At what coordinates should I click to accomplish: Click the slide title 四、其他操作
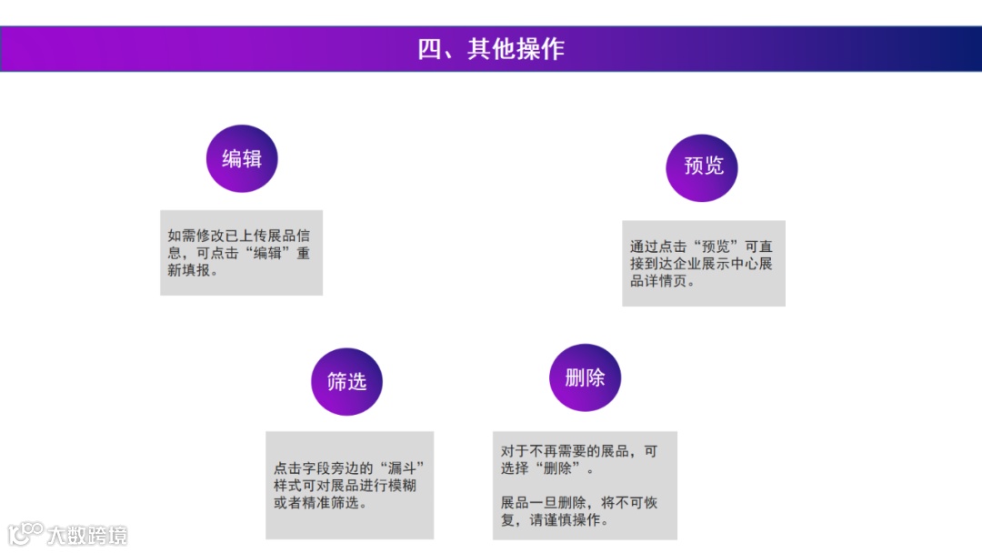491,49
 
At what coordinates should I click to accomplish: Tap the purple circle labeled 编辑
242,158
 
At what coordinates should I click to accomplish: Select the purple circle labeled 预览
702,166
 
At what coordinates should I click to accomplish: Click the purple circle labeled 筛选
346,381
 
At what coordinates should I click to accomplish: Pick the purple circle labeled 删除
585,377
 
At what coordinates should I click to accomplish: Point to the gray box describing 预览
703,263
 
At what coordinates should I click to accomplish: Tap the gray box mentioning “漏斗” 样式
349,485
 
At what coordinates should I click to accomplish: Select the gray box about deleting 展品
585,485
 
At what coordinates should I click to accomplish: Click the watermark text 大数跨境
87,535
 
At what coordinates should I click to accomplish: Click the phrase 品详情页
659,281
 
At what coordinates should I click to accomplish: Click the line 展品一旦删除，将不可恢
577,503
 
